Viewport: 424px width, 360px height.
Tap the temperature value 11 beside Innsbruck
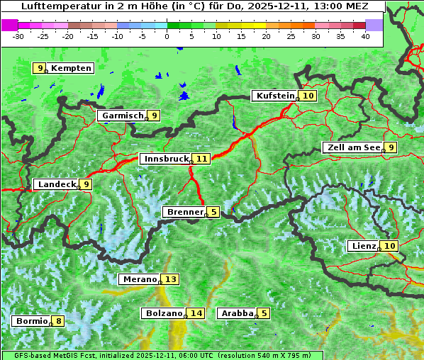(x=202, y=159)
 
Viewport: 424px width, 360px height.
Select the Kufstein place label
(x=274, y=96)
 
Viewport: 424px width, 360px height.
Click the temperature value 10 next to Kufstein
(x=308, y=96)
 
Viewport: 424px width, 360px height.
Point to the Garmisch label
(x=121, y=116)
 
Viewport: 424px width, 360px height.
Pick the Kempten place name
(x=71, y=68)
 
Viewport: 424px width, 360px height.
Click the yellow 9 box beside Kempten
(x=40, y=68)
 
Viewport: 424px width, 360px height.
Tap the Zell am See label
(x=352, y=147)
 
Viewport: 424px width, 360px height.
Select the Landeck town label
(x=56, y=184)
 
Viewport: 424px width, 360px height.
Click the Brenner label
(x=184, y=212)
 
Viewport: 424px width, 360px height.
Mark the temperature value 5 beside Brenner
(x=213, y=212)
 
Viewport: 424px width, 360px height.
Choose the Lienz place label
(x=362, y=246)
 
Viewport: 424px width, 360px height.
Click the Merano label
(x=139, y=279)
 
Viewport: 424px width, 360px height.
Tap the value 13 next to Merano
(x=170, y=279)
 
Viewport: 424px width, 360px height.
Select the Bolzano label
(x=163, y=313)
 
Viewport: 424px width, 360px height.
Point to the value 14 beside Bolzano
(x=196, y=313)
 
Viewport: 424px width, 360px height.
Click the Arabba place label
(x=237, y=313)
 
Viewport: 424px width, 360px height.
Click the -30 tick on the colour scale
(x=18, y=36)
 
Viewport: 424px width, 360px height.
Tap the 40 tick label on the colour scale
(x=365, y=36)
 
